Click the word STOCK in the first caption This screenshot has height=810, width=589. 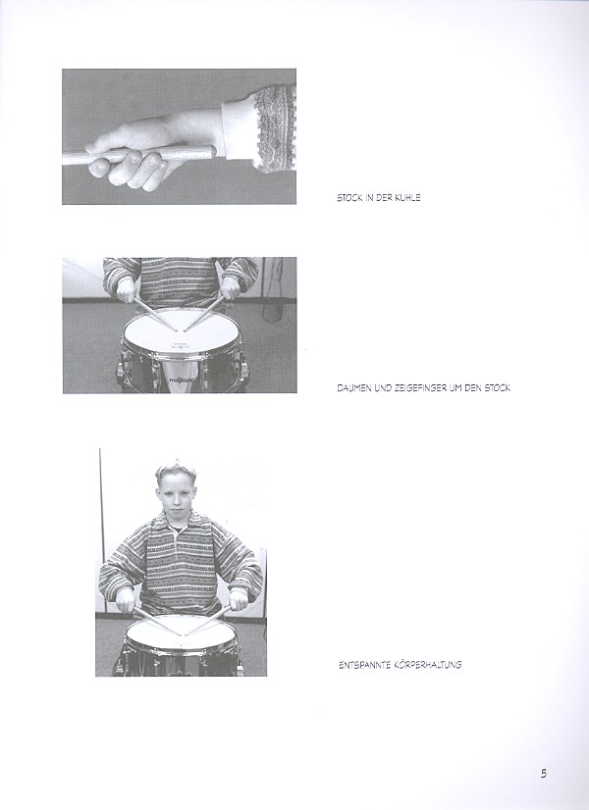tap(349, 198)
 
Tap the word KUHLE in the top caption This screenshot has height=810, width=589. tap(407, 198)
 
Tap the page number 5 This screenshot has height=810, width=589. tap(544, 774)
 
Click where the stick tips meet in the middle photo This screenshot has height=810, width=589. tap(181, 330)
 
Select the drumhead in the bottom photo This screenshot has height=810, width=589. tap(181, 633)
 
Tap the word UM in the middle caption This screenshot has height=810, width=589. tap(455, 388)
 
